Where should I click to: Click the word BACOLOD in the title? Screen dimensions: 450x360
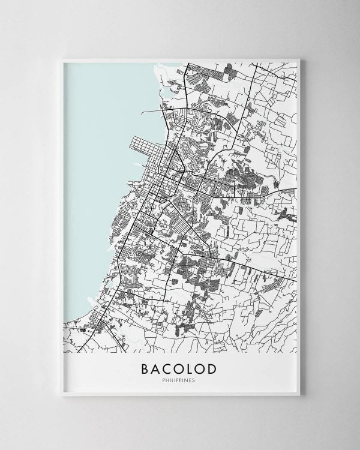click(x=179, y=368)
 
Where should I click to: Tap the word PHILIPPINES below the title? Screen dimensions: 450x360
click(x=179, y=380)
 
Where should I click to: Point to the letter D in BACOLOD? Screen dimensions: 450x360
click(x=214, y=368)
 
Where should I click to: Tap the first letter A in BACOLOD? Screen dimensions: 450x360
click(x=155, y=368)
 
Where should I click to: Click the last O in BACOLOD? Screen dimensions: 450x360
click(x=203, y=368)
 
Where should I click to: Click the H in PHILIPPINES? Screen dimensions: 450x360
click(x=167, y=380)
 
